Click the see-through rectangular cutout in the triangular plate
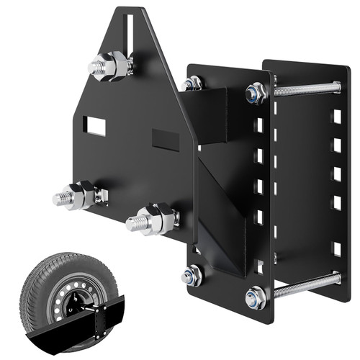[94, 127]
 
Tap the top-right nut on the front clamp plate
[256, 92]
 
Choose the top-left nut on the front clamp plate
[192, 84]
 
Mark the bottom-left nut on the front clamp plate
[192, 274]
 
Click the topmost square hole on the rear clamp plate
[336, 115]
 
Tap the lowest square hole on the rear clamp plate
[336, 248]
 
